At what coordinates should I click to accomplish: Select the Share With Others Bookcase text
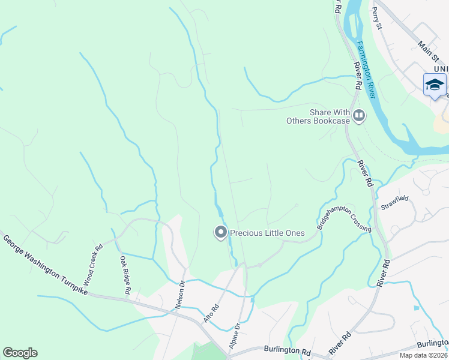[x=321, y=116]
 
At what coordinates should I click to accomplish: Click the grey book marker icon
[x=359, y=115]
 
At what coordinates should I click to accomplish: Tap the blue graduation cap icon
[x=435, y=85]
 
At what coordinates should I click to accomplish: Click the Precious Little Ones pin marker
[x=220, y=232]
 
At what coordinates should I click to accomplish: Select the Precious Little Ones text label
[x=268, y=233]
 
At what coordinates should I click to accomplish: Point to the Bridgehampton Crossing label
[x=344, y=215]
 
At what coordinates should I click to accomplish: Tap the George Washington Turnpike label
[x=46, y=265]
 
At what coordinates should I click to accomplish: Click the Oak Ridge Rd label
[x=125, y=275]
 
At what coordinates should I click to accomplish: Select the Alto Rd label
[x=211, y=313]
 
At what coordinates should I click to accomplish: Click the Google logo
[x=20, y=353]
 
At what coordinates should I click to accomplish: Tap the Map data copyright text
[x=424, y=355]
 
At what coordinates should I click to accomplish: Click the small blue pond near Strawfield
[x=416, y=308]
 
